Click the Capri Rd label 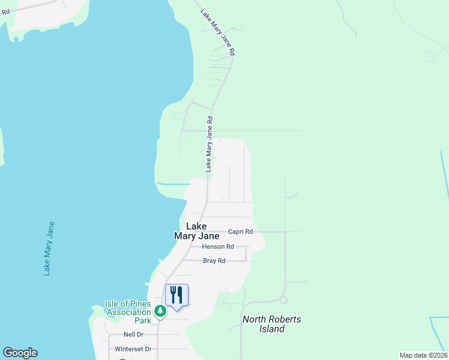click(241, 232)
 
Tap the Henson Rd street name click(217, 247)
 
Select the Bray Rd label click(214, 261)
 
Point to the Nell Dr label click(133, 334)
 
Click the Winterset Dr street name click(133, 349)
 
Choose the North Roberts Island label click(272, 324)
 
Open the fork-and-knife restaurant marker click(176, 295)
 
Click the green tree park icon click(160, 311)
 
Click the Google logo click(20, 353)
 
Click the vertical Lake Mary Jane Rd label click(209, 145)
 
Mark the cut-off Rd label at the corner click(5, 11)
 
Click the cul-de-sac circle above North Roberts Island click(283, 300)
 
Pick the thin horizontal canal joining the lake click(173, 184)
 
